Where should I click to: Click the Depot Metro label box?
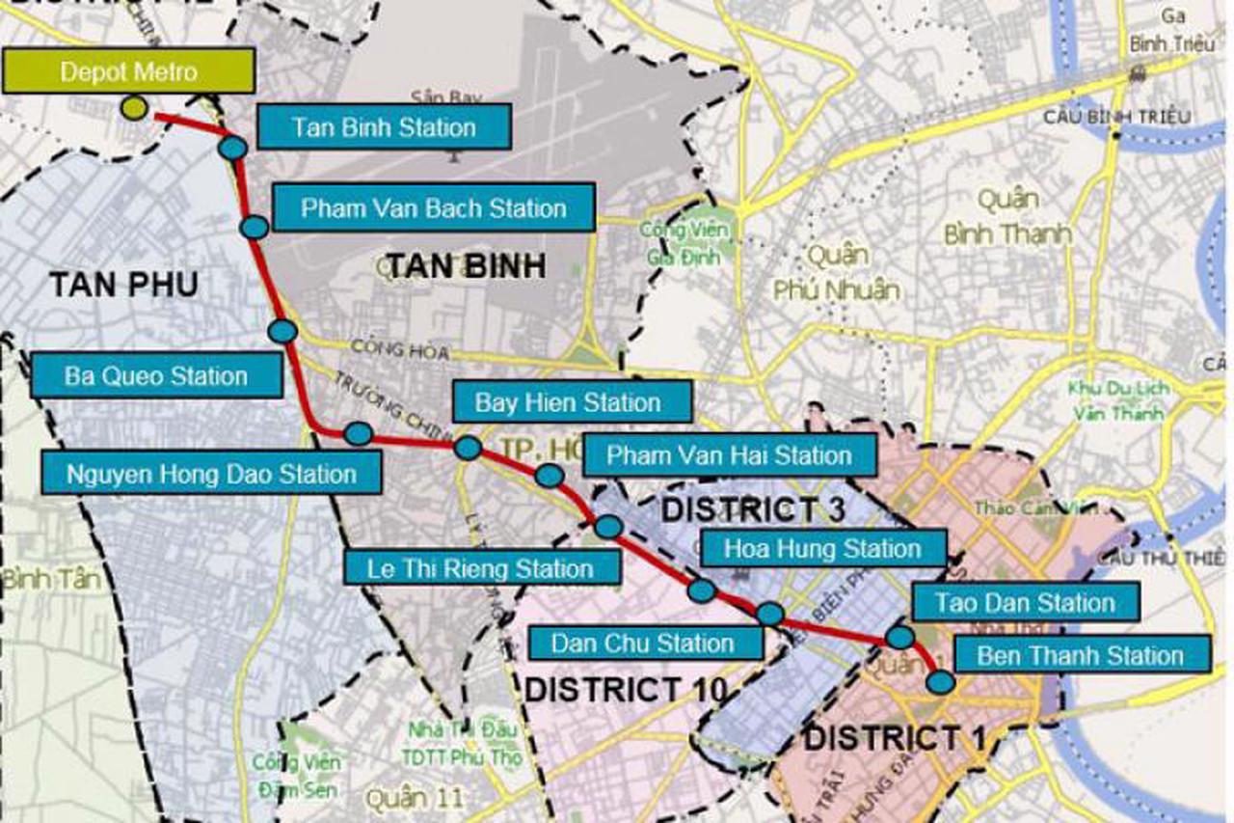click(x=128, y=71)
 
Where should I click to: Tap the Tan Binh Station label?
click(x=384, y=127)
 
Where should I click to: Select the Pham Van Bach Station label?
click(x=433, y=208)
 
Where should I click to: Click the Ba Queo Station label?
click(x=156, y=375)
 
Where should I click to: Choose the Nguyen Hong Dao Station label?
click(x=211, y=474)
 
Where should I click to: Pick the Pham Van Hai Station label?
click(x=729, y=454)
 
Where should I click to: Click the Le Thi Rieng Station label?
click(x=481, y=567)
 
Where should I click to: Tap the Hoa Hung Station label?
click(x=822, y=549)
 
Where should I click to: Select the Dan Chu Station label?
click(x=643, y=643)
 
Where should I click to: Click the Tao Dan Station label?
click(x=1025, y=603)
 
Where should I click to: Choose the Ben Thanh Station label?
click(x=1080, y=655)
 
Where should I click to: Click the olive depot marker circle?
click(x=135, y=108)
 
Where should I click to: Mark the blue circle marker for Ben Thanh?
click(x=940, y=681)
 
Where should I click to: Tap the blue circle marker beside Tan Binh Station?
click(x=232, y=148)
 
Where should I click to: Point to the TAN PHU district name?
click(x=123, y=285)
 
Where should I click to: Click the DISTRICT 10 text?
click(x=624, y=690)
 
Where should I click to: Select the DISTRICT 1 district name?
click(x=896, y=739)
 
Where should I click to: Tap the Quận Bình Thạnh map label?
click(x=1007, y=217)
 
